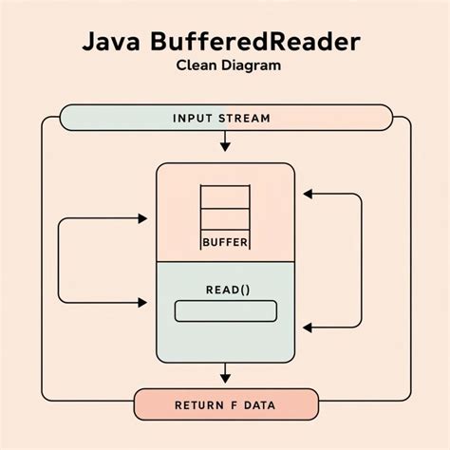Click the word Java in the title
pyautogui.click(x=112, y=44)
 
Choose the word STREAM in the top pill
pyautogui.click(x=245, y=119)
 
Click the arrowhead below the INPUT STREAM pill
pyautogui.click(x=225, y=146)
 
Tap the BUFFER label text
pyautogui.click(x=225, y=243)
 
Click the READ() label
pyautogui.click(x=226, y=289)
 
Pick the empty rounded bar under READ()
pyautogui.click(x=226, y=310)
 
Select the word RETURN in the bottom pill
pyautogui.click(x=199, y=405)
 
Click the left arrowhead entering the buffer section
pyautogui.click(x=143, y=219)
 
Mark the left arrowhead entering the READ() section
pyautogui.click(x=143, y=302)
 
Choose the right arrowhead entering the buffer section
pyautogui.click(x=307, y=194)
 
